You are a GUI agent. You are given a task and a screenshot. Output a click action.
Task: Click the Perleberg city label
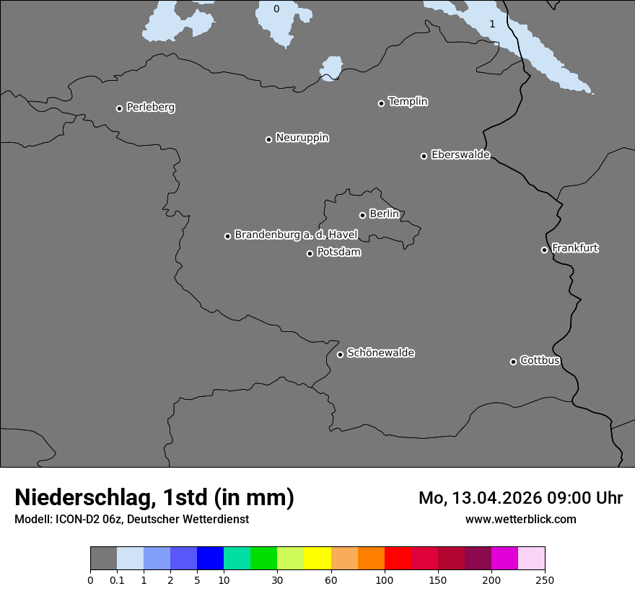[x=150, y=108]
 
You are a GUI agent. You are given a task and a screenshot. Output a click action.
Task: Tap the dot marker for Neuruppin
[x=268, y=139]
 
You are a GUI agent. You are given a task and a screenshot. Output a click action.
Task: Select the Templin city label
[x=408, y=102]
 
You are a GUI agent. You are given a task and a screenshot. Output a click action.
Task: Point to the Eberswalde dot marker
[x=424, y=156]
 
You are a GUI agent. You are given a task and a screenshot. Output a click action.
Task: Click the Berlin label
[x=384, y=214]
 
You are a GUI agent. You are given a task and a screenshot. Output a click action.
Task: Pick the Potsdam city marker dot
[x=310, y=253]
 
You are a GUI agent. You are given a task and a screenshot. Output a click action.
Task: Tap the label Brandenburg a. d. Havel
[x=296, y=235]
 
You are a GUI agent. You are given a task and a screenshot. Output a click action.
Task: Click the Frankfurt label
[x=575, y=248]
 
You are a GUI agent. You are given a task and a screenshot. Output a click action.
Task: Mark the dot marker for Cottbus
[x=513, y=362]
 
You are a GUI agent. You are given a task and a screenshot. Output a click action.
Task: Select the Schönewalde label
[x=380, y=353]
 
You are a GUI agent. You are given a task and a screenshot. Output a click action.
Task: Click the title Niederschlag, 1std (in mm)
[x=154, y=497]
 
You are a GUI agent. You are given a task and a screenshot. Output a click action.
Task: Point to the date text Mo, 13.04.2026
[x=480, y=498]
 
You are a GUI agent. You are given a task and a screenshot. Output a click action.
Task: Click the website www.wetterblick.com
[x=520, y=519]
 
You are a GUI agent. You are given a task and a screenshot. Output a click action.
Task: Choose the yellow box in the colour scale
[x=317, y=559]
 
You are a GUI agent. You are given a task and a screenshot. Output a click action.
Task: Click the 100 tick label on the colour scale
[x=385, y=579]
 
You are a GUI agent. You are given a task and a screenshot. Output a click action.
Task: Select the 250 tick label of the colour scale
[x=545, y=579]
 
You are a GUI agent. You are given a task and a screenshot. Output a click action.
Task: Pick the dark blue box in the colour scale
[x=210, y=559]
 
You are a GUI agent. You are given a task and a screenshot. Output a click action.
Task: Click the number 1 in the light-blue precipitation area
[x=492, y=25]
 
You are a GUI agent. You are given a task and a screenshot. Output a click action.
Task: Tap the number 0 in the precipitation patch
[x=276, y=9]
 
